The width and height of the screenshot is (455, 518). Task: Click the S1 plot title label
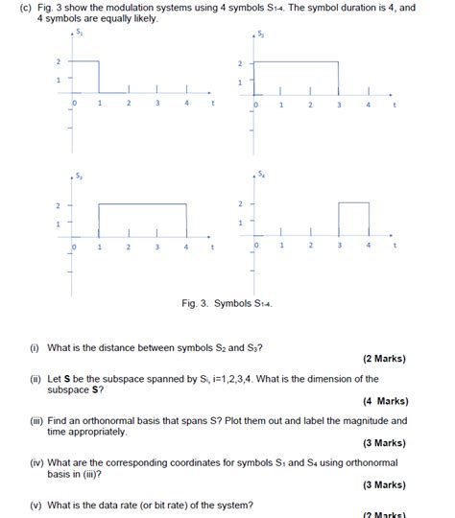click(x=80, y=32)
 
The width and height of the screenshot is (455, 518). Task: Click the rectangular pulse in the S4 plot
click(x=353, y=222)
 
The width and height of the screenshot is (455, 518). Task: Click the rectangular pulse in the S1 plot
click(x=86, y=78)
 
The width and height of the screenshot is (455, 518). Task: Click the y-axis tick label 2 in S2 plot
click(x=240, y=64)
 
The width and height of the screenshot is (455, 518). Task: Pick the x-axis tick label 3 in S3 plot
click(x=156, y=247)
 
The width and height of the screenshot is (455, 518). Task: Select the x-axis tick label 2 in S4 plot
click(x=310, y=246)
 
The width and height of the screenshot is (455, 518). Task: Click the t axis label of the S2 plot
click(x=395, y=105)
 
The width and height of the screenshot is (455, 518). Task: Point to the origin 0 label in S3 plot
click(x=73, y=247)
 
